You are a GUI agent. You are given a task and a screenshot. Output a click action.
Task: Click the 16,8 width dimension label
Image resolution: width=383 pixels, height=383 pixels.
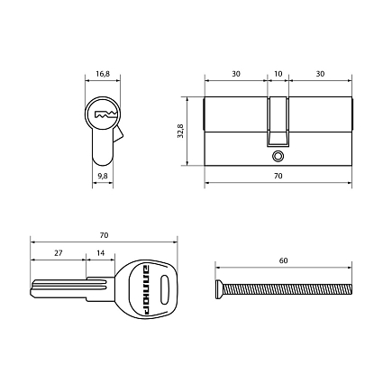tap(103, 74)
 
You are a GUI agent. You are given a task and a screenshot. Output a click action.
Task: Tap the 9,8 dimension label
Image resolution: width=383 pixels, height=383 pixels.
tap(103, 176)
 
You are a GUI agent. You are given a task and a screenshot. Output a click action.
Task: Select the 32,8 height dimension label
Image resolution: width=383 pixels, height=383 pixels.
tap(180, 131)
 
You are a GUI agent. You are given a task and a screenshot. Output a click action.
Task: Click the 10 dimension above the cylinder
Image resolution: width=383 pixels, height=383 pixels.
tap(278, 74)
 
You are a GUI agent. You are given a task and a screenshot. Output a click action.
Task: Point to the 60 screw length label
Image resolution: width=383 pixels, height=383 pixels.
tap(283, 260)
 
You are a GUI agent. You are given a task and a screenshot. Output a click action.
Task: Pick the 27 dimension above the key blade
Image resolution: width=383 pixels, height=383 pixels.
tap(59, 253)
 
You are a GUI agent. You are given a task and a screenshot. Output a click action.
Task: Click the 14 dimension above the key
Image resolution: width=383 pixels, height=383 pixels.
tap(101, 253)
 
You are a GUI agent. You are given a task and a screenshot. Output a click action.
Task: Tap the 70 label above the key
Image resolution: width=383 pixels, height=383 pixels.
tap(104, 235)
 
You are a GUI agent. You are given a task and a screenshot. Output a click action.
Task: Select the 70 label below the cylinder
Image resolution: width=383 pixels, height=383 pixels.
tap(278, 176)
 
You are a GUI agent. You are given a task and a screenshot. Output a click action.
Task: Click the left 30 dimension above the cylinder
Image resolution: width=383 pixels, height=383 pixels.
tap(236, 74)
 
